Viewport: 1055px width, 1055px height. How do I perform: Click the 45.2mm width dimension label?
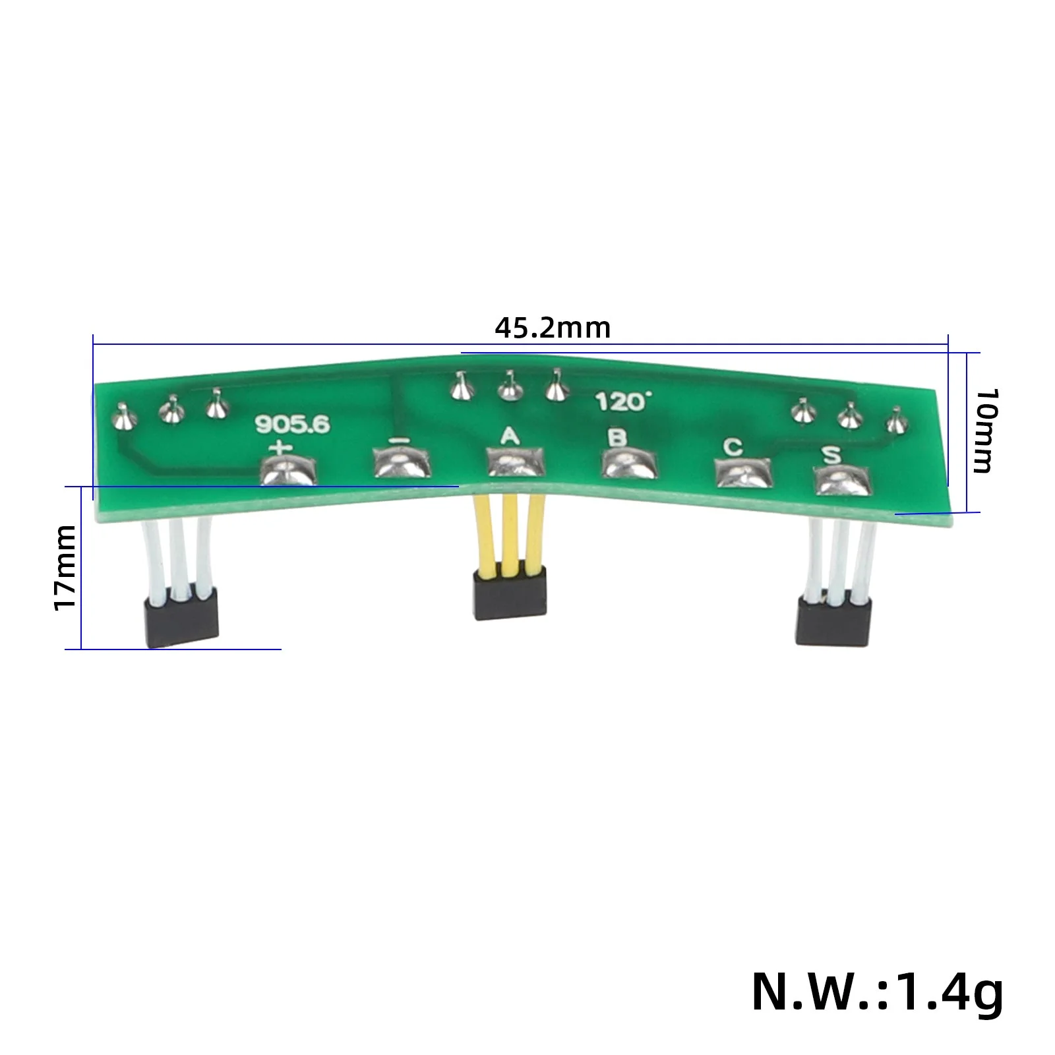[x=553, y=328]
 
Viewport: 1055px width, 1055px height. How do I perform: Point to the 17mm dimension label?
[x=65, y=567]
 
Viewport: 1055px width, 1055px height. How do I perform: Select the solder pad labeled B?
[x=630, y=464]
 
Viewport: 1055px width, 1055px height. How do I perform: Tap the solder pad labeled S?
[x=842, y=481]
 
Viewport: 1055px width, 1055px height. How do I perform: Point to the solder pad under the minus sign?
[x=402, y=463]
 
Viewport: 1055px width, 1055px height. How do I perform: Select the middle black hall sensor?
[x=510, y=594]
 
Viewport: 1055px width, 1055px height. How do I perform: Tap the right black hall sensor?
[x=834, y=621]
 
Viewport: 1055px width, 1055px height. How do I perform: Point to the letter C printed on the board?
[x=732, y=447]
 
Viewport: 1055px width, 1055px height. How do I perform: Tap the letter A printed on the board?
[x=509, y=435]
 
